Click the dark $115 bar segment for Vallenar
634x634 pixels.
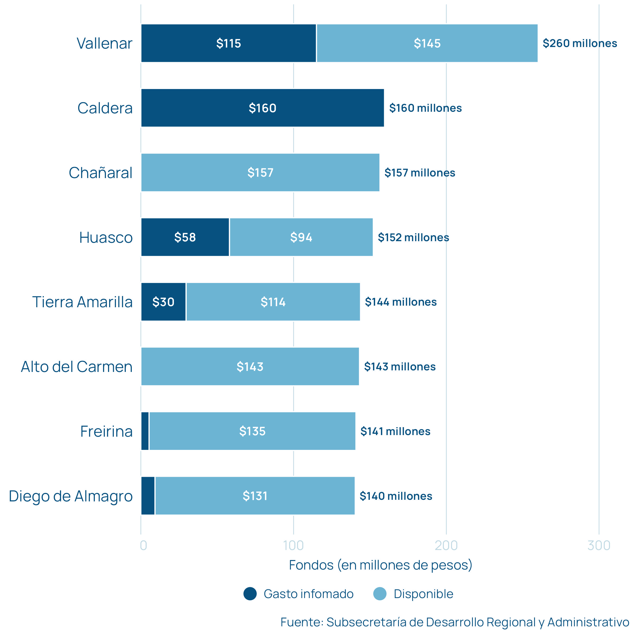coord(229,43)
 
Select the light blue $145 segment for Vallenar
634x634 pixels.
coord(427,43)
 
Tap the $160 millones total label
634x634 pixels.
coord(425,108)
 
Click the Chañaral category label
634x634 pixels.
coord(100,173)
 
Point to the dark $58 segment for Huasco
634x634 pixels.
coord(185,237)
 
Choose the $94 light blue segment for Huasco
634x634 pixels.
coord(301,237)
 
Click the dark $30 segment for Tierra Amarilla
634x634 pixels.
coord(163,302)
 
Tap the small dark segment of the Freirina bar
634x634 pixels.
coord(145,431)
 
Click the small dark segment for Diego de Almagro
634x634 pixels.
coord(148,496)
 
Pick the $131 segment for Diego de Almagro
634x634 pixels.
coord(255,496)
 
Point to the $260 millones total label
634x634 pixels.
coord(580,43)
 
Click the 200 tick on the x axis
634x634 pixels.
coord(446,546)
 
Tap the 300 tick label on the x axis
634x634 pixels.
coord(599,546)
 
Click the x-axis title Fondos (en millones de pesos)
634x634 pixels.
coord(380,565)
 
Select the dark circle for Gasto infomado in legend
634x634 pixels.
coord(250,594)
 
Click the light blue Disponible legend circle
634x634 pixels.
coord(380,594)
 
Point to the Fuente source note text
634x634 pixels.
coord(454,622)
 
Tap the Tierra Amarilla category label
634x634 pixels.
coord(82,302)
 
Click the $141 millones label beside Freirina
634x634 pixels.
coord(395,431)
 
